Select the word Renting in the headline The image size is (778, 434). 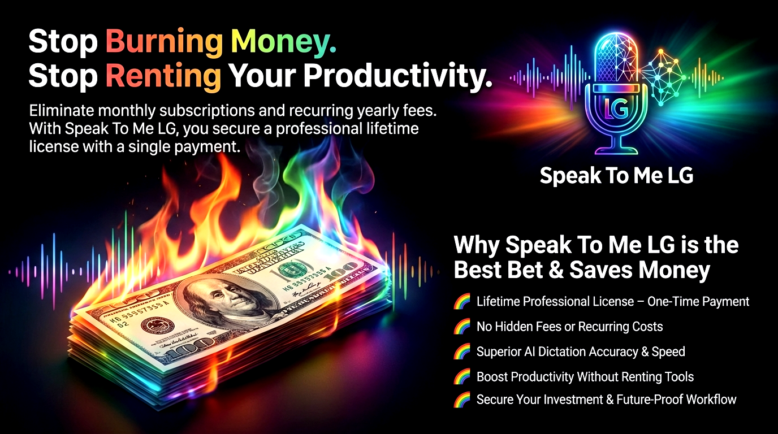163,76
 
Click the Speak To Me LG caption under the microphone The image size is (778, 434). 616,175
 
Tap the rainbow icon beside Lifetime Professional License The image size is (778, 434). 463,302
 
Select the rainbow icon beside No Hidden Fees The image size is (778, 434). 463,327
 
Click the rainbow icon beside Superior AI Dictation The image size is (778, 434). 463,351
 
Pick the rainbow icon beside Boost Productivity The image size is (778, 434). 463,376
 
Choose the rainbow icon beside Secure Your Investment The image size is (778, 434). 463,400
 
